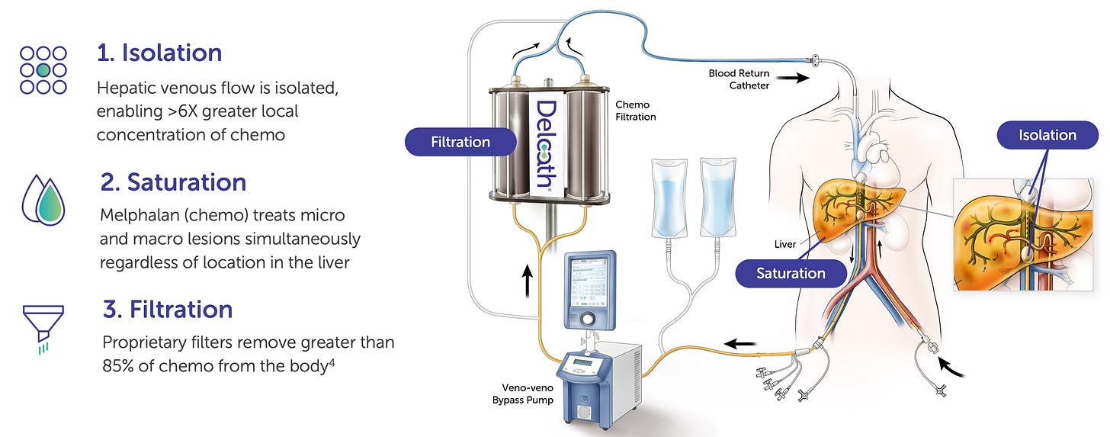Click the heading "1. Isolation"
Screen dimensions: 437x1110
[159, 53]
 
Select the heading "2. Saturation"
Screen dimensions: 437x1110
[173, 182]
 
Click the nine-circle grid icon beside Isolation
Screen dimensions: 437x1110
[43, 69]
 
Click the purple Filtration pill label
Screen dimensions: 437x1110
[460, 142]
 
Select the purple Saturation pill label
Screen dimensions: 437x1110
[791, 273]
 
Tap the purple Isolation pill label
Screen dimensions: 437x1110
[1047, 135]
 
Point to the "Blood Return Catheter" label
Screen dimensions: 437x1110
[739, 79]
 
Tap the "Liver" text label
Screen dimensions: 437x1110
[784, 245]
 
